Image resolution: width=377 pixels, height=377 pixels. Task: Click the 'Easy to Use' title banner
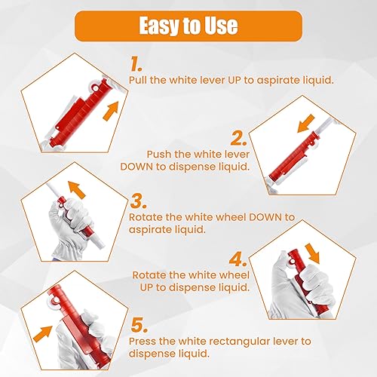click(x=188, y=26)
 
